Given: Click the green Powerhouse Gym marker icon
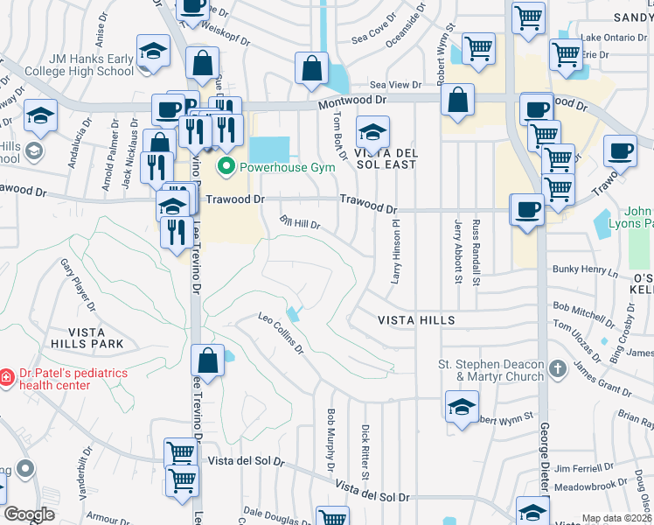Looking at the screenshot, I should click(226, 166).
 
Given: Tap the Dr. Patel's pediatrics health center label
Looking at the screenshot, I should click(68, 379).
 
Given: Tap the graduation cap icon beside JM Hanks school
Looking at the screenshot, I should click(153, 52).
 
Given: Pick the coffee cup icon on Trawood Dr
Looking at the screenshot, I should click(527, 210).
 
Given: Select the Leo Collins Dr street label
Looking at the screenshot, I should click(281, 334).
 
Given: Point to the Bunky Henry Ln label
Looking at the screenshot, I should click(586, 271).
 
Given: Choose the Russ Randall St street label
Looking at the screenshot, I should click(477, 254).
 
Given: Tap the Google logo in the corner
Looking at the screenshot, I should click(29, 514).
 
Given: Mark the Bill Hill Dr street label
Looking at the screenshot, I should click(300, 222).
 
